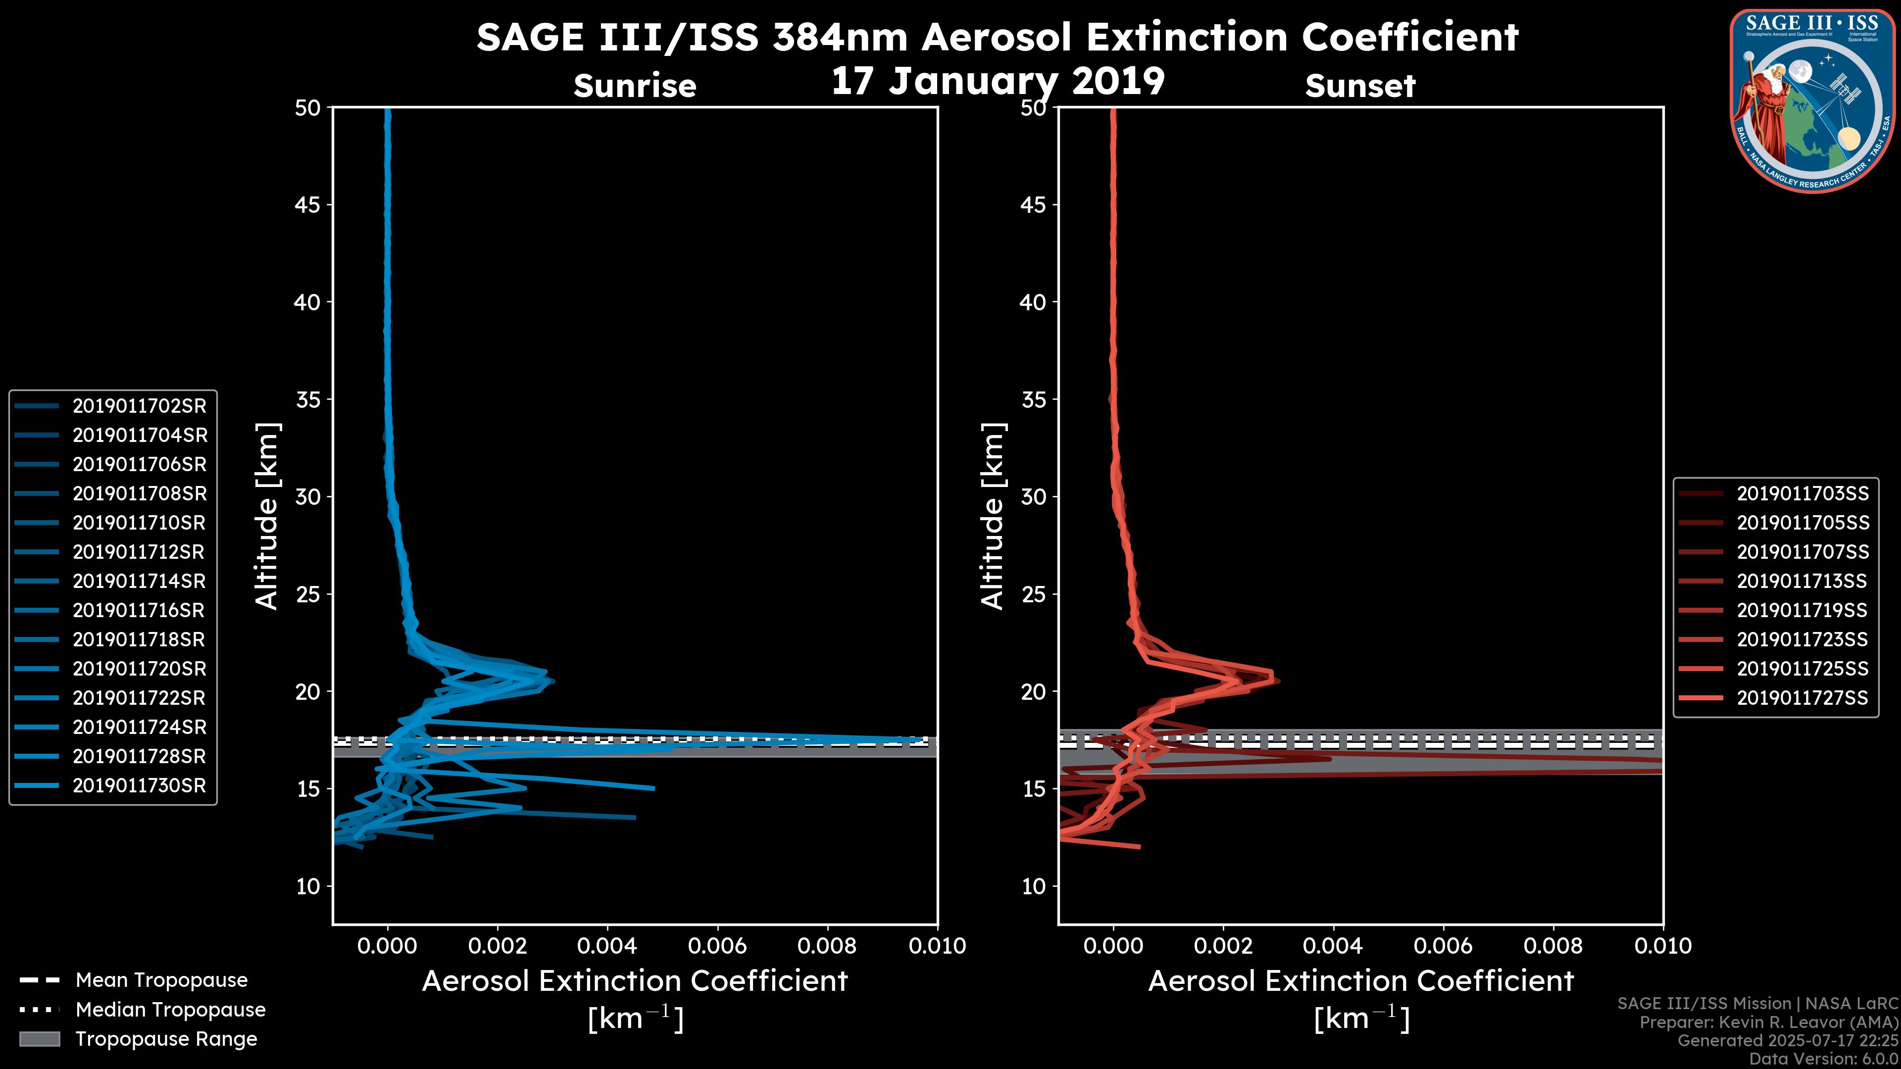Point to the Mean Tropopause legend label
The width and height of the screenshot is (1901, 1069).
click(x=161, y=980)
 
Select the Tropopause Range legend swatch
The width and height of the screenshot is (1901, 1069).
click(x=39, y=1039)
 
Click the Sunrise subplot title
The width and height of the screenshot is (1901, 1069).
click(x=635, y=86)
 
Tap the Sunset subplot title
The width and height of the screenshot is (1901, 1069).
click(x=1360, y=86)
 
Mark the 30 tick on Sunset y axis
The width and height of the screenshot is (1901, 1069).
click(x=1033, y=496)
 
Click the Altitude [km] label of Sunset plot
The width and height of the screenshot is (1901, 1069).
click(x=993, y=516)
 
